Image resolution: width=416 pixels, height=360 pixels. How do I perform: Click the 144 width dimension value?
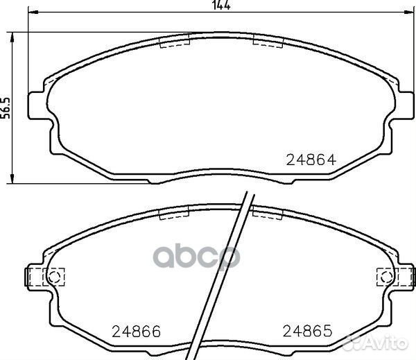pyautogui.click(x=222, y=5)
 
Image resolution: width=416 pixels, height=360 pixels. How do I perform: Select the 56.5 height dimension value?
pyautogui.click(x=5, y=108)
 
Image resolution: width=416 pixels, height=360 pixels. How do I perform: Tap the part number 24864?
pyautogui.click(x=311, y=160)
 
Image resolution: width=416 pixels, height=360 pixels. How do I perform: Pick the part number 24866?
pyautogui.click(x=136, y=332)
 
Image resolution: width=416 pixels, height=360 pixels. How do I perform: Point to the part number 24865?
pyautogui.click(x=307, y=331)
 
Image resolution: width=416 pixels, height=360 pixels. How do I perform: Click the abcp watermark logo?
pyautogui.click(x=197, y=257)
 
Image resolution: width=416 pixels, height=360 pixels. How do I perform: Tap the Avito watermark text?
pyautogui.click(x=376, y=343)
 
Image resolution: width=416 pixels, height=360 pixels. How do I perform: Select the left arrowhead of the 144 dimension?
pyautogui.click(x=33, y=12)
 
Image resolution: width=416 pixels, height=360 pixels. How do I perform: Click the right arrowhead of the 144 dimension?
pyautogui.click(x=409, y=12)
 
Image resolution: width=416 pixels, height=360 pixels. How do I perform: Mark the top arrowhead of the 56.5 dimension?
pyautogui.click(x=12, y=37)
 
